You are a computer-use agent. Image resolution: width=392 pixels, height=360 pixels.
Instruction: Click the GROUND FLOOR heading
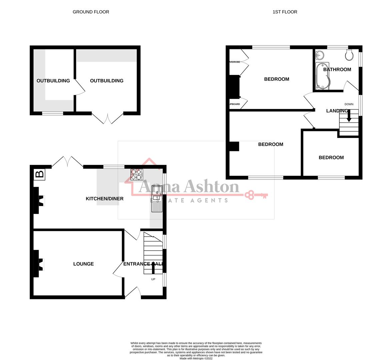[x=91, y=12]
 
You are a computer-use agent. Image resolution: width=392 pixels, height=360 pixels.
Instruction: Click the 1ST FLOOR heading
[x=285, y=12]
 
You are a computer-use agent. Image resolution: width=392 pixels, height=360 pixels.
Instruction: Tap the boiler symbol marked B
[x=39, y=174]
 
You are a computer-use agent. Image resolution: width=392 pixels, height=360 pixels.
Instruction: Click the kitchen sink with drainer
[x=157, y=199]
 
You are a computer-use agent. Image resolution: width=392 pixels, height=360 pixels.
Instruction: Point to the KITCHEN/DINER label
[x=105, y=199]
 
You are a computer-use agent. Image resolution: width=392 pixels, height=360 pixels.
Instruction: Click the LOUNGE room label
[x=83, y=264]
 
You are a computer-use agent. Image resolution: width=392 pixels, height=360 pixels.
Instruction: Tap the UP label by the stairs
[x=153, y=279]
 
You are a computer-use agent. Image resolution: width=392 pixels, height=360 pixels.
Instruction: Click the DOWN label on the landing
[x=349, y=104]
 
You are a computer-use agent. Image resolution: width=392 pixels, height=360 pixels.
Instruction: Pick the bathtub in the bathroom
[x=322, y=76]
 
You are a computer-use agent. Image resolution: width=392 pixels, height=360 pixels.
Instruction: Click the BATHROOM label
[x=337, y=69]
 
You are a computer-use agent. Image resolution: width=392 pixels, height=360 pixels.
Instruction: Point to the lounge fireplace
[x=38, y=264]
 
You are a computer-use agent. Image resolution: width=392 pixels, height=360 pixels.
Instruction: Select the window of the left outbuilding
[x=52, y=113]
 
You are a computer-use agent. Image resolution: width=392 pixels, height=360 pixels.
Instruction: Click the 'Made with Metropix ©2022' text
[x=196, y=358]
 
